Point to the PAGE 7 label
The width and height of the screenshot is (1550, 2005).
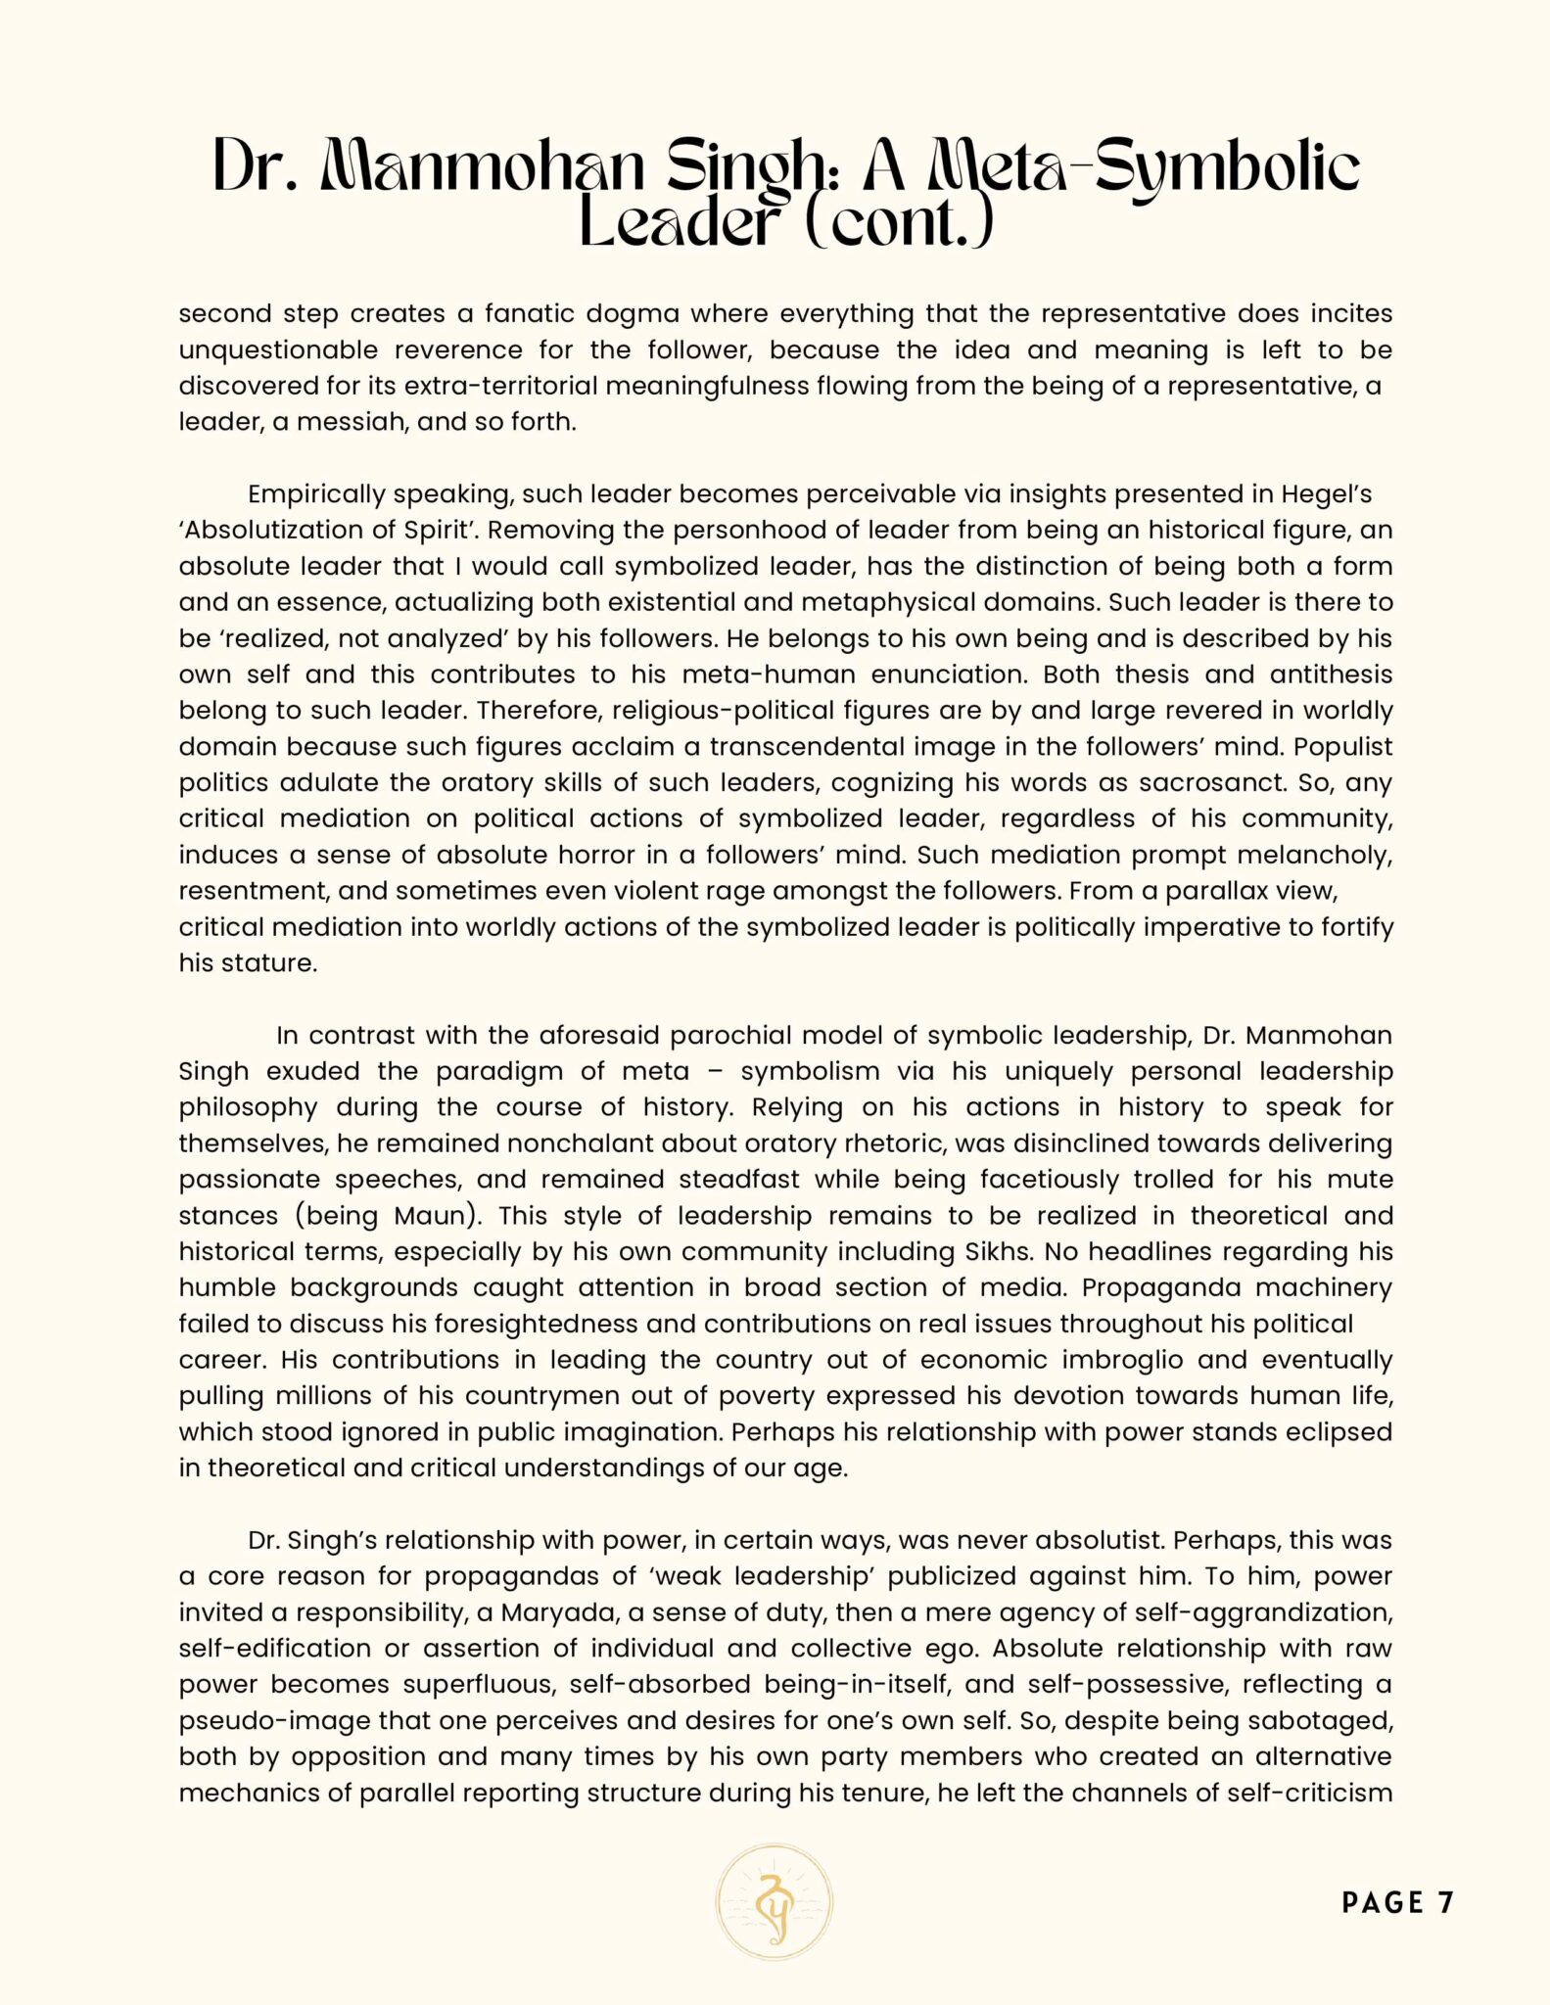coord(1397,1903)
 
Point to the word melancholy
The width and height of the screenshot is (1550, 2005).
coord(1314,856)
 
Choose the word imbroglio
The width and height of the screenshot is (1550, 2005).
coord(1129,1361)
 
